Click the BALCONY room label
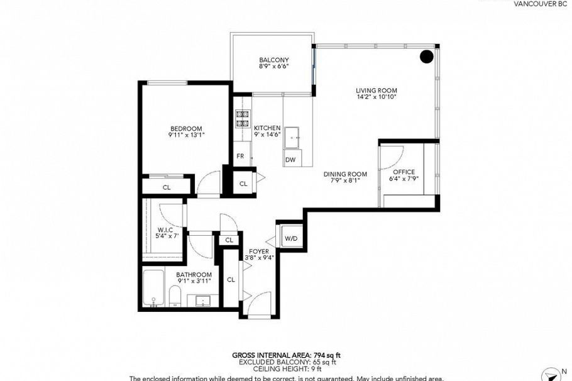click(x=274, y=60)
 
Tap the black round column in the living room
click(x=427, y=57)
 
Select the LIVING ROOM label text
click(x=377, y=91)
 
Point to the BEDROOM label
click(x=186, y=128)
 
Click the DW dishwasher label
click(x=290, y=160)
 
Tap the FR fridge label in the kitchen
click(x=240, y=156)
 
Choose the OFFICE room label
click(x=404, y=172)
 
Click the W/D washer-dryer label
click(x=290, y=238)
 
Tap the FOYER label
click(x=258, y=251)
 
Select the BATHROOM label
click(x=194, y=275)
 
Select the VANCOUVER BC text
click(x=540, y=4)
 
